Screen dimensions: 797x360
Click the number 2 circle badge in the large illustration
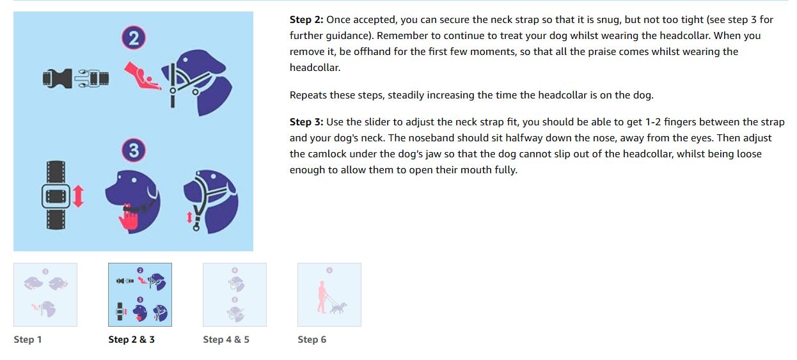[134, 38]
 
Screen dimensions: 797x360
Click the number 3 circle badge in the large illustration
[134, 150]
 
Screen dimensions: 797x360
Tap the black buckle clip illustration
[75, 78]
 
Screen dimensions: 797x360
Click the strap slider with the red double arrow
[63, 195]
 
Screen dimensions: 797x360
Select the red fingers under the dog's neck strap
[128, 217]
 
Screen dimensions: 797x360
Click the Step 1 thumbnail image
[45, 295]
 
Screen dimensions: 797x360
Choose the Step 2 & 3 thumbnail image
[140, 295]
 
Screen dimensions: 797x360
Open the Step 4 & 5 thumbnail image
[235, 295]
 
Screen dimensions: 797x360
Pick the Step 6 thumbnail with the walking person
[329, 295]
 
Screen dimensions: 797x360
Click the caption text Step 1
[28, 340]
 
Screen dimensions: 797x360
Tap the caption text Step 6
[312, 340]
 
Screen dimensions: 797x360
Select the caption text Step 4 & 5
[226, 340]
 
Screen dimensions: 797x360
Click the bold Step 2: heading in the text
[306, 20]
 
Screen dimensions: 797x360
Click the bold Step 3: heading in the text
[306, 122]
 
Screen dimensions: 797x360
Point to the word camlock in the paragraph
[327, 154]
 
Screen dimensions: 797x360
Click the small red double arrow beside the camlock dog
[189, 217]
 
